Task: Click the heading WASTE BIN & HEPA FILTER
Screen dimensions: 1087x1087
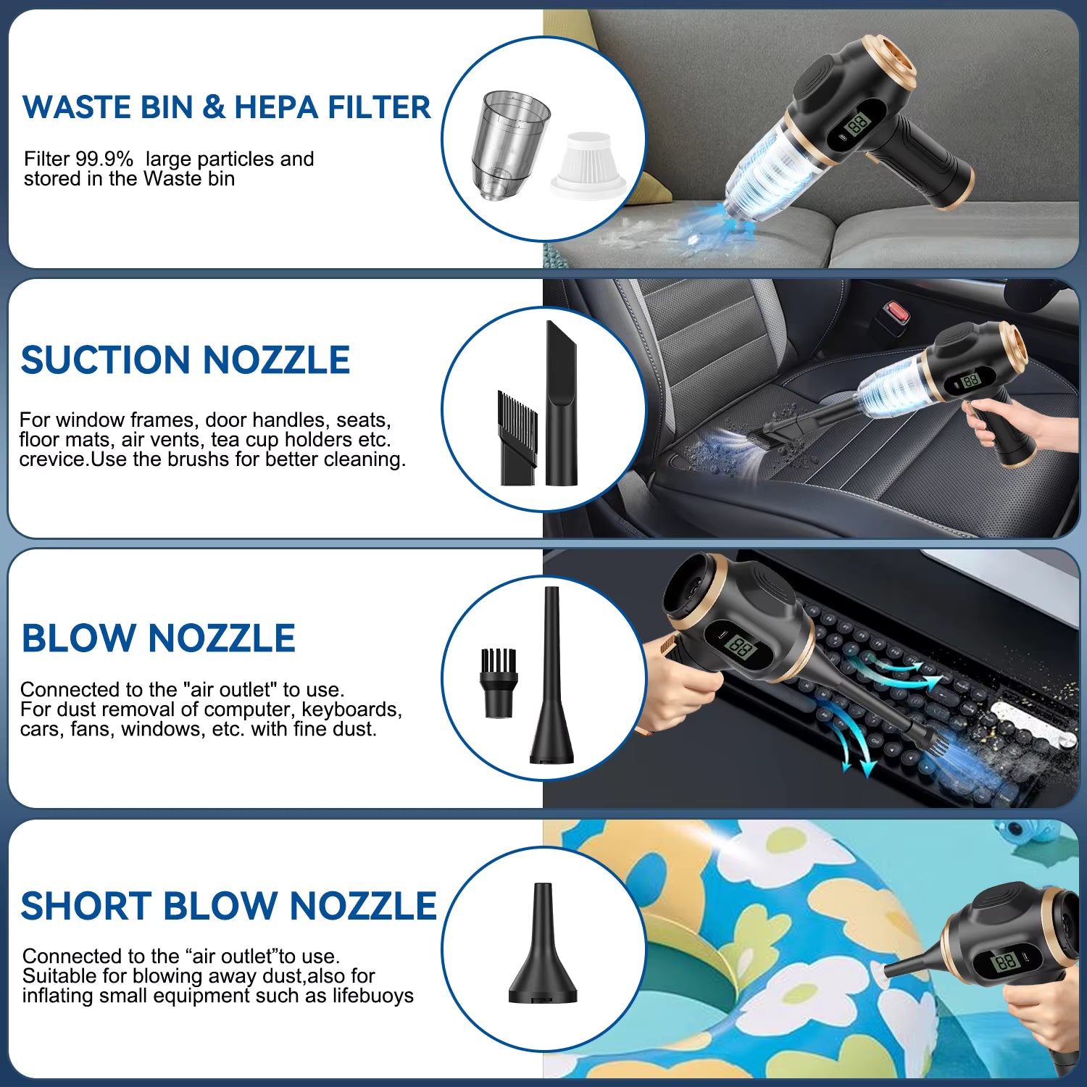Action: (226, 107)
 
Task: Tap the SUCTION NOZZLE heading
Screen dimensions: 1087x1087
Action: (186, 360)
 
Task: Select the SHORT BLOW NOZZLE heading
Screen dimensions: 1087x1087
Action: (228, 906)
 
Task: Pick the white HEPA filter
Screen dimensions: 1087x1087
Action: (588, 165)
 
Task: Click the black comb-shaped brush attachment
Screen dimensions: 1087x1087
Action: (517, 438)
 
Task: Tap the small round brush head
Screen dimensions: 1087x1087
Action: (498, 682)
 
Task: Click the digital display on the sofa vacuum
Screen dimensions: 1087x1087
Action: (857, 124)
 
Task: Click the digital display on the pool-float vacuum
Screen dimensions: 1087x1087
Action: (1006, 962)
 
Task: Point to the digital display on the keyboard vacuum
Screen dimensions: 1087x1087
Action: (741, 646)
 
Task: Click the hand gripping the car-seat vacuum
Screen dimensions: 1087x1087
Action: (1004, 424)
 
